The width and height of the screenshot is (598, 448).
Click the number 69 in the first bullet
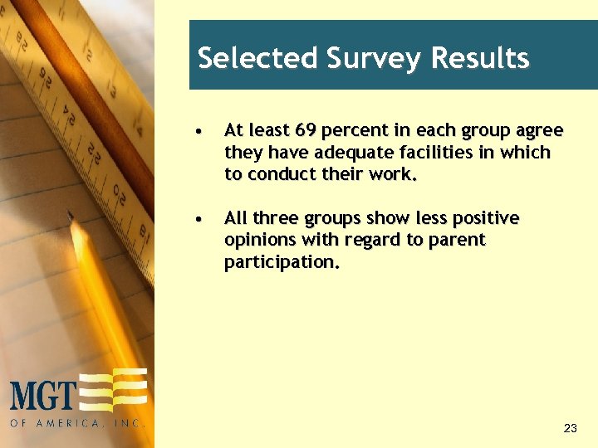(303, 131)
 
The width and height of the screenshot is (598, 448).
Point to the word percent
(350, 131)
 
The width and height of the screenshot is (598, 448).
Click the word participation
(282, 262)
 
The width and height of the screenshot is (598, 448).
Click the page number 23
(570, 429)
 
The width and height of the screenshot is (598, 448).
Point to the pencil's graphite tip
(71, 215)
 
